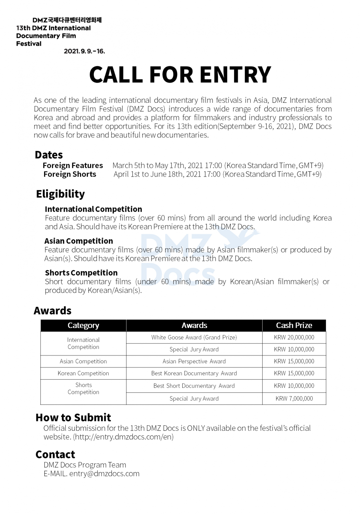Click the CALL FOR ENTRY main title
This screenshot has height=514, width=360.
[x=180, y=75]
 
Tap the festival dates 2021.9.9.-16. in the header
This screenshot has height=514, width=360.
[x=84, y=51]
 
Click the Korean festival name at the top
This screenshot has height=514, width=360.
[x=67, y=20]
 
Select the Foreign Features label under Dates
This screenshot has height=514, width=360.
[x=73, y=165]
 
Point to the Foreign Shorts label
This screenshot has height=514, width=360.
[x=70, y=174]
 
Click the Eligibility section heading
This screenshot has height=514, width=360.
[x=60, y=194]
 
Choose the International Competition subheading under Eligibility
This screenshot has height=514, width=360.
[x=93, y=209]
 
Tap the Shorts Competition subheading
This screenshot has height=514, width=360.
[x=81, y=273]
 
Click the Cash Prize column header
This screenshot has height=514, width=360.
[x=294, y=325]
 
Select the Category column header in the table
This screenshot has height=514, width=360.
[x=83, y=325]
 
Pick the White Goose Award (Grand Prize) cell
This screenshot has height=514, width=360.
[x=194, y=337]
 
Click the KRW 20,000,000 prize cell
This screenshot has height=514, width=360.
[x=294, y=337]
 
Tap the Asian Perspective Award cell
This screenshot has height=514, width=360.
[x=194, y=361]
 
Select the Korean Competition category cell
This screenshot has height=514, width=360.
[x=83, y=373]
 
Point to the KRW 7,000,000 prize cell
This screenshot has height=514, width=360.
[x=294, y=399]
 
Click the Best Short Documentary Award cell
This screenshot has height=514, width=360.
[x=194, y=386]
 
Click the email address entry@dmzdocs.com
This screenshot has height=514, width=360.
[x=104, y=474]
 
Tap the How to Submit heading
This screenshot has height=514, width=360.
[x=73, y=418]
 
